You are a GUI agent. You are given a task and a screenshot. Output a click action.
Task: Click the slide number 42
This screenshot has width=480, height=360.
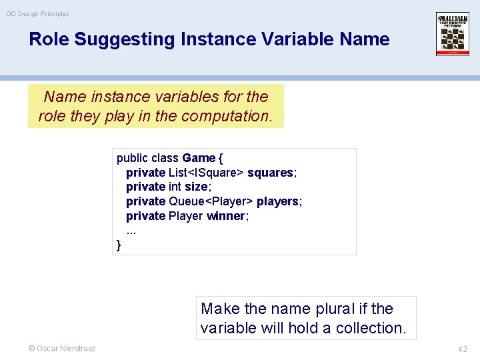(463, 349)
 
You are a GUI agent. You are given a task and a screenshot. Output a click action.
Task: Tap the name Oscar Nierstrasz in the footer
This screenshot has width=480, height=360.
(66, 349)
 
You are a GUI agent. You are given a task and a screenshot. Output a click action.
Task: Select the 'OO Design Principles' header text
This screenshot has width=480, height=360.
(37, 13)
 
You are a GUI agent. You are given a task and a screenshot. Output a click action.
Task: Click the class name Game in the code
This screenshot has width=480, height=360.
(199, 158)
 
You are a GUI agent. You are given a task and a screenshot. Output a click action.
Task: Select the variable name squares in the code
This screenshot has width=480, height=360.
(270, 173)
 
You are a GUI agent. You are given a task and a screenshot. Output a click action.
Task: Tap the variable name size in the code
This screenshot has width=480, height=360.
(196, 187)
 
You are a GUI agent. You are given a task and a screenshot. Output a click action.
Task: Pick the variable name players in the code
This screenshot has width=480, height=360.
(277, 201)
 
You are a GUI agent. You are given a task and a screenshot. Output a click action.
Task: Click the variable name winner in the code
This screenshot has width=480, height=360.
(226, 216)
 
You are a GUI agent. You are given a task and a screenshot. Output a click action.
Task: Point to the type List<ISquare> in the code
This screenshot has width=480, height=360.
(206, 173)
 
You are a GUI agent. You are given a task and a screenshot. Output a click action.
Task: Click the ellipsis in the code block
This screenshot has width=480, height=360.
(131, 231)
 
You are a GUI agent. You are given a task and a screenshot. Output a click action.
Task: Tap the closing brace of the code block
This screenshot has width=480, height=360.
(119, 245)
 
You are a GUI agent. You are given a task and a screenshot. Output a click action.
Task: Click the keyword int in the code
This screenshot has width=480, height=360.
(175, 187)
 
